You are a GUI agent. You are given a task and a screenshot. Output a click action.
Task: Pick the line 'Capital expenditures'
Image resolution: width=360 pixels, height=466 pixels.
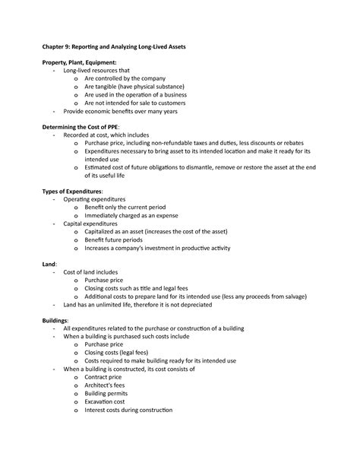(90, 223)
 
